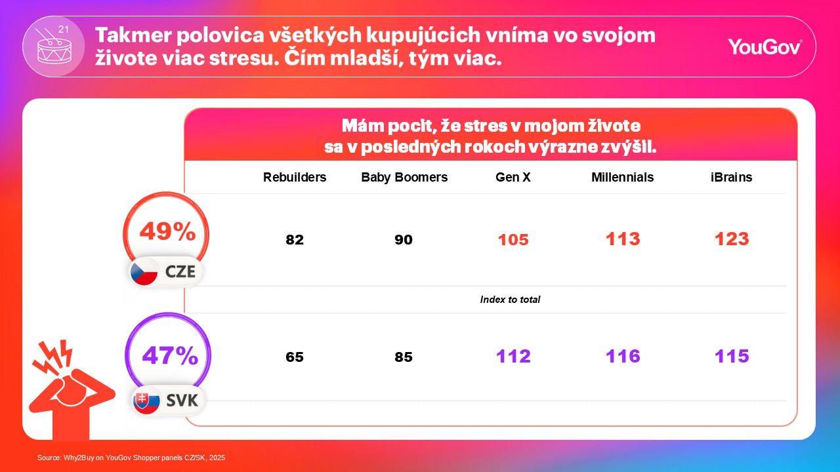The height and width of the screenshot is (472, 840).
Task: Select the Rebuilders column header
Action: pos(295,178)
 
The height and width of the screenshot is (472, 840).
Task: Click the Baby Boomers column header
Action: pos(404,178)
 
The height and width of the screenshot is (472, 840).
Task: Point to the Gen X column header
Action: pos(513,178)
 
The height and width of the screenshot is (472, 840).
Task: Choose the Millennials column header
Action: pos(622,178)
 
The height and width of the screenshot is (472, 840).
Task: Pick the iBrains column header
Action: pos(731,178)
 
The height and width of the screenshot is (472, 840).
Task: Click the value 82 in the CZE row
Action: pos(295,240)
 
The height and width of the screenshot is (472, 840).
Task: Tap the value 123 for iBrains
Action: pos(732,239)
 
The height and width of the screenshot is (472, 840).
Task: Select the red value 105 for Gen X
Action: pos(513,240)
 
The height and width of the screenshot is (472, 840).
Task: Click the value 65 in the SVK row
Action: pos(295,358)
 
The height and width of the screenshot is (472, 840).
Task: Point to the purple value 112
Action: pos(513,357)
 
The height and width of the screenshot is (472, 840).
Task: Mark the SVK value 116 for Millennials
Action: pos(623,357)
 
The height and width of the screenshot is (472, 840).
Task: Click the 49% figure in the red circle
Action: pos(167,231)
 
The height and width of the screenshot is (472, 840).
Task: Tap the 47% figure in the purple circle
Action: pos(170,356)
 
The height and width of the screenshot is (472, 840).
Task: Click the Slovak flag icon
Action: pos(146,401)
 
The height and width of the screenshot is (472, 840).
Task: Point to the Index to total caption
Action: pos(510,300)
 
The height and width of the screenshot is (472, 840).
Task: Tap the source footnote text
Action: pos(131,458)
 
